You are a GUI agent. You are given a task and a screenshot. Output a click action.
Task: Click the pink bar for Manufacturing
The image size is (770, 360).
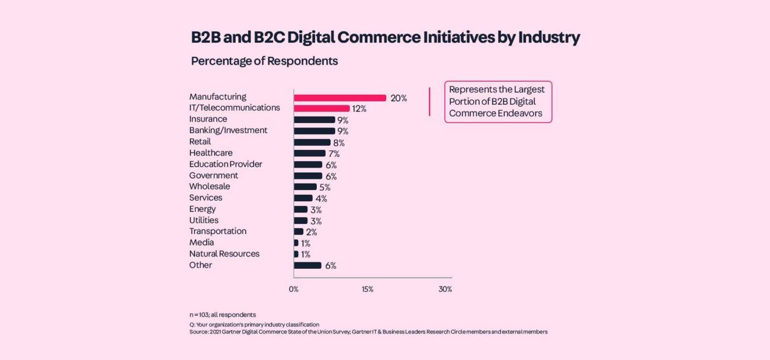click(x=340, y=98)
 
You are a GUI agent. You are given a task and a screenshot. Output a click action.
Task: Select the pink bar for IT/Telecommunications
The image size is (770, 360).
click(x=322, y=108)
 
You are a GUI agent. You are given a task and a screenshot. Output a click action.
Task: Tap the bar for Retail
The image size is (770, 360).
click(x=312, y=142)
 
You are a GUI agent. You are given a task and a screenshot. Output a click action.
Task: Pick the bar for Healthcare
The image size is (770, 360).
click(x=310, y=153)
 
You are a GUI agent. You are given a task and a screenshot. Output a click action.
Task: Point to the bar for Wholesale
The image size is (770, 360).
click(x=306, y=187)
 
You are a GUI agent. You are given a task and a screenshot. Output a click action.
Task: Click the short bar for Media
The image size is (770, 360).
click(x=296, y=243)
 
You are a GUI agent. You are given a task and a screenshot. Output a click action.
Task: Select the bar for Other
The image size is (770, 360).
click(x=308, y=265)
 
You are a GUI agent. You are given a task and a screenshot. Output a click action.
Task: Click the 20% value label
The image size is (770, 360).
click(x=399, y=98)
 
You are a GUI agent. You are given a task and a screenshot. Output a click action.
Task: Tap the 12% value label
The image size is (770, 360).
click(x=360, y=109)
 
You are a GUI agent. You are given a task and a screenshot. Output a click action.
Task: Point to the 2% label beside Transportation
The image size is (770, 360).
click(x=312, y=232)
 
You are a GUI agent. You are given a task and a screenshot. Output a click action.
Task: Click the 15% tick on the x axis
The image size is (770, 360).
click(x=367, y=290)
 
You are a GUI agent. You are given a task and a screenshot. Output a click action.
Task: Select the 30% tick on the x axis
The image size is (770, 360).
click(x=445, y=290)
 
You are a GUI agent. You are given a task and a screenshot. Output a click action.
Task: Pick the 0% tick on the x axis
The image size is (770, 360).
click(x=294, y=290)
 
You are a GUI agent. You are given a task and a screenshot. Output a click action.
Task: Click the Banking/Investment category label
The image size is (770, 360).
click(x=228, y=130)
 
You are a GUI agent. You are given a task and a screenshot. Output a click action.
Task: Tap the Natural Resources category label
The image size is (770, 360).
click(x=224, y=253)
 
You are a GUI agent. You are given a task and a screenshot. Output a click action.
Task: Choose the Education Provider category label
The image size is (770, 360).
click(x=226, y=164)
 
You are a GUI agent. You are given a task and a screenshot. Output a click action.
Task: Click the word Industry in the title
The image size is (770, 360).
click(x=549, y=38)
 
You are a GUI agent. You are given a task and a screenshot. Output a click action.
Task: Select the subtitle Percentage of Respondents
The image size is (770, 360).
click(x=264, y=61)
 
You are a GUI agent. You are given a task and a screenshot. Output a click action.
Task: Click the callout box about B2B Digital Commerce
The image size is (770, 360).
click(x=498, y=102)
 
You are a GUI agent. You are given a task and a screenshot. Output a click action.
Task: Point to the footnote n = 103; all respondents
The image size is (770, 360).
click(x=223, y=314)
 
